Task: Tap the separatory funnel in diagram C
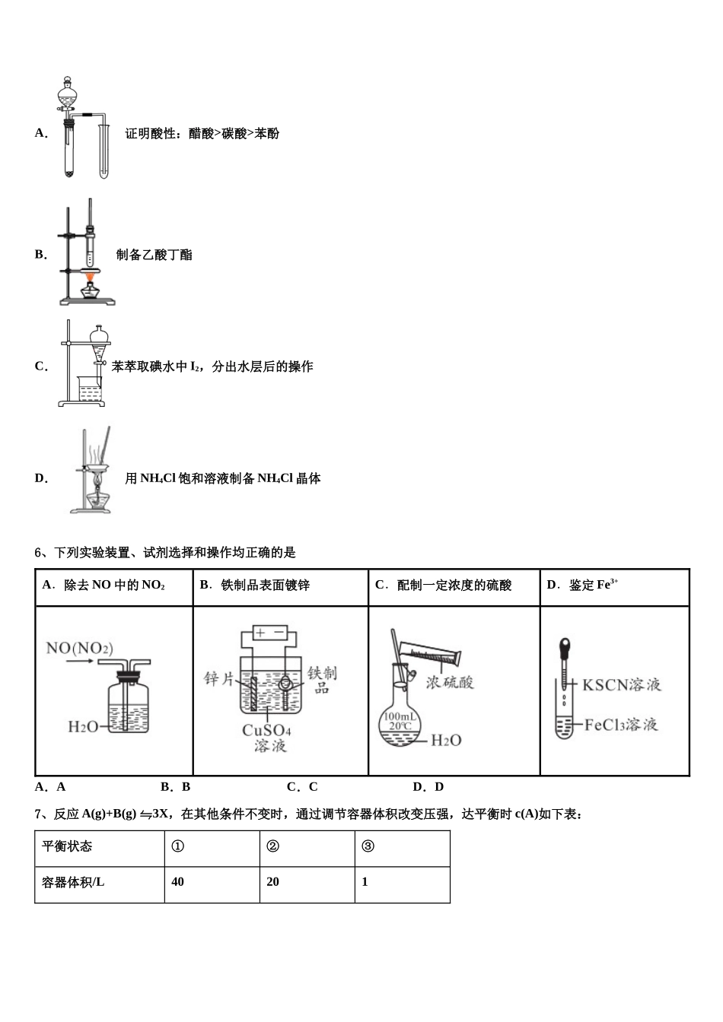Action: tap(98, 343)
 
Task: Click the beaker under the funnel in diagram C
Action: tap(91, 392)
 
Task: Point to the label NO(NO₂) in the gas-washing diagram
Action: tap(79, 648)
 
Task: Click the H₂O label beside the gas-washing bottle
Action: tap(82, 727)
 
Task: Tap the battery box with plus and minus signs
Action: tap(270, 633)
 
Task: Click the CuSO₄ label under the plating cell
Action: tap(266, 730)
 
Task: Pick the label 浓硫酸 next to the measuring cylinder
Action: tap(450, 682)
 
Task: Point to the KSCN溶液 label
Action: tap(621, 684)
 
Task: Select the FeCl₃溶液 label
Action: tap(620, 725)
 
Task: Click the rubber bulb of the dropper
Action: tap(564, 646)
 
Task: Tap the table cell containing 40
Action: tap(178, 882)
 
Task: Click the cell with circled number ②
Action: tap(272, 846)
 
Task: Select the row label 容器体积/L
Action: tap(73, 882)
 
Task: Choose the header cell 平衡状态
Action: tap(67, 846)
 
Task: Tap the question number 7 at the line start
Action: tap(38, 814)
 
